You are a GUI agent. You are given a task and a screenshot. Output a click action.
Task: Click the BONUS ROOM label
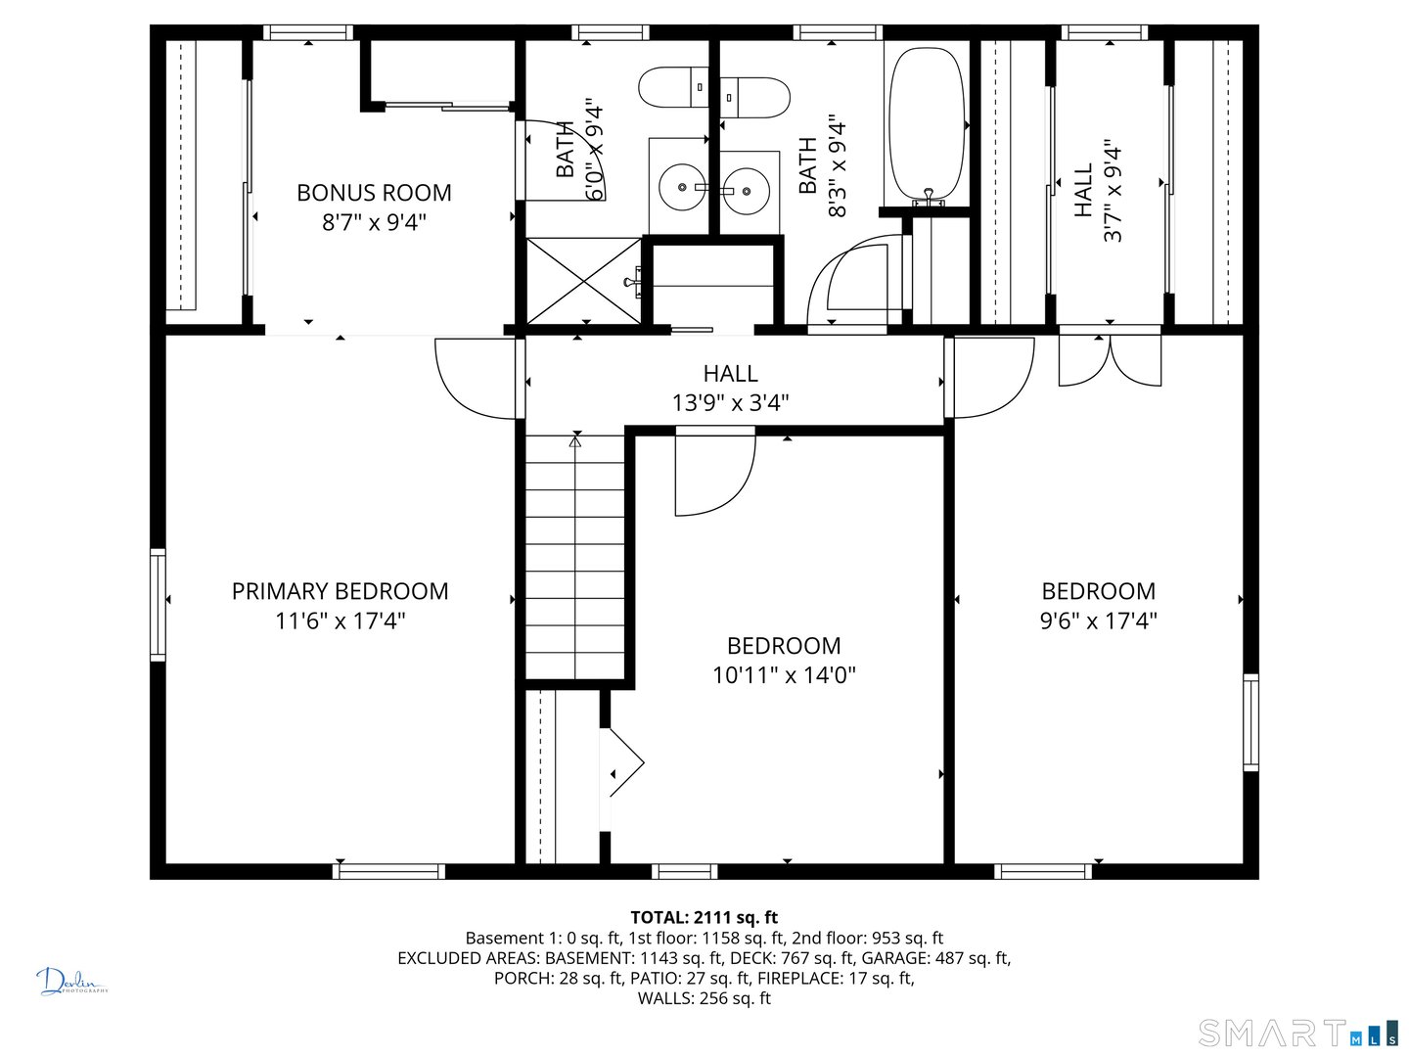pos(374,193)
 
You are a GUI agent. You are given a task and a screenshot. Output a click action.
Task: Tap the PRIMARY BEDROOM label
pos(340,591)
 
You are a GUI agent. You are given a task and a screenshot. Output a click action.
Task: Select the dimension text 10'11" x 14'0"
pos(784,674)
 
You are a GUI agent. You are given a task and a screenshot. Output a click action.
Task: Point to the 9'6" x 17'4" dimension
pos(1098,620)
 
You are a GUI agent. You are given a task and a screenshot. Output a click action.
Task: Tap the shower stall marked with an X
pos(583,281)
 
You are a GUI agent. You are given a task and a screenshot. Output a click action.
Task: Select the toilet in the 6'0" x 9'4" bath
pos(673,88)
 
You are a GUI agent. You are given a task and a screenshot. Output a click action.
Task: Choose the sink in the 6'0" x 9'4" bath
pos(681,186)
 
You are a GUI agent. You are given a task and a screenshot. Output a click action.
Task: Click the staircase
pos(575,558)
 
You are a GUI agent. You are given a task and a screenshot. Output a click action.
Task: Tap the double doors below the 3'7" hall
pos(1110,360)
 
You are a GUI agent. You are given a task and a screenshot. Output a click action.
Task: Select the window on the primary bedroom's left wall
pos(158,605)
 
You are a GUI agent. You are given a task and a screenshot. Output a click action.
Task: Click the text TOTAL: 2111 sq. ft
pos(704,917)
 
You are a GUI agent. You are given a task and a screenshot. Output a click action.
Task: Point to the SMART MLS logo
pos(1296,1033)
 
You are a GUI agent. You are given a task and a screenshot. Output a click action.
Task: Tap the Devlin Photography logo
pos(71,982)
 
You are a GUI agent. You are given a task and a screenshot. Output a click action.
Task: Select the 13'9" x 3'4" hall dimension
pos(730,402)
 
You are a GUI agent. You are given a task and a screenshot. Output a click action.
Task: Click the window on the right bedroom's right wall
pos(1250,721)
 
